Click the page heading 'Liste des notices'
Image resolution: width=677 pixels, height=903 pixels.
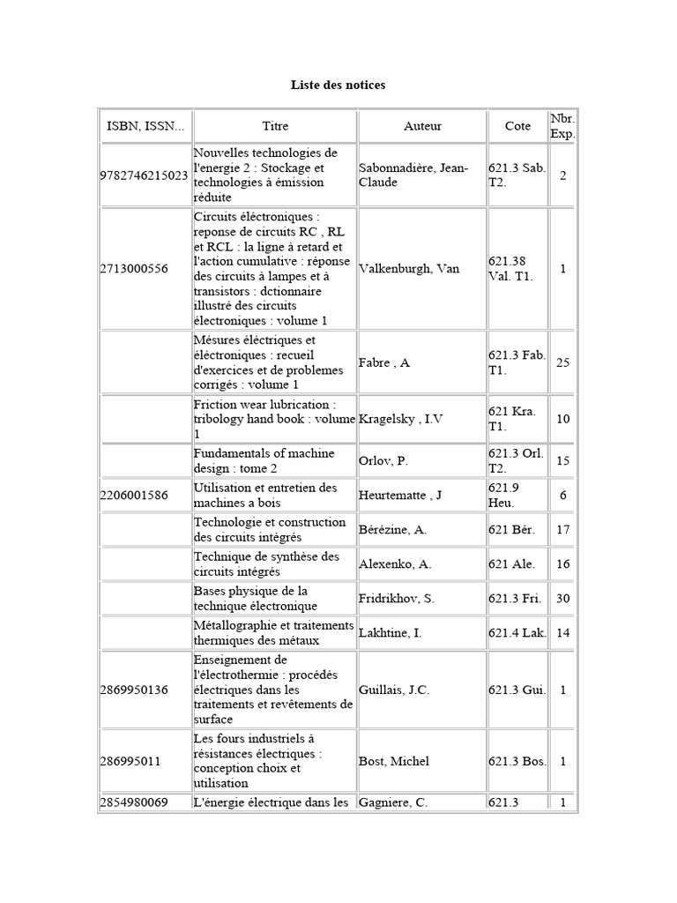pos(338,86)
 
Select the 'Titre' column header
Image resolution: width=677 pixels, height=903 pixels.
pos(275,126)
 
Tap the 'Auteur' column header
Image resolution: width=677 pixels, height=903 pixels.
pos(422,126)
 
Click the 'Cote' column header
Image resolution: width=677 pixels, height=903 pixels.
pos(517,126)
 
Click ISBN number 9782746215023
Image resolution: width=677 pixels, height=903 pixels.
pos(145,175)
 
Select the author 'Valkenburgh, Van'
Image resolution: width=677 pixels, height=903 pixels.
pos(409,269)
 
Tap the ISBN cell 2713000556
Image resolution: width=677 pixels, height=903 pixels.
pos(134,269)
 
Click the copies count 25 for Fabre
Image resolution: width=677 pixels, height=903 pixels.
pos(562,362)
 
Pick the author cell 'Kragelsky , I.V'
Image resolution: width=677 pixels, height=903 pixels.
pos(401,419)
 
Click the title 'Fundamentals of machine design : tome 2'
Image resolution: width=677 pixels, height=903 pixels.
pos(264,460)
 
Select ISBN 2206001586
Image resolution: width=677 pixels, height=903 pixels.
pos(134,495)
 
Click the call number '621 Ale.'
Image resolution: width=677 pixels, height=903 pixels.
pos(511,564)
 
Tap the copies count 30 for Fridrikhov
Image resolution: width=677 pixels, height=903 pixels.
pos(562,599)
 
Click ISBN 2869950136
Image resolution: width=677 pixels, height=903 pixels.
pos(134,690)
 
